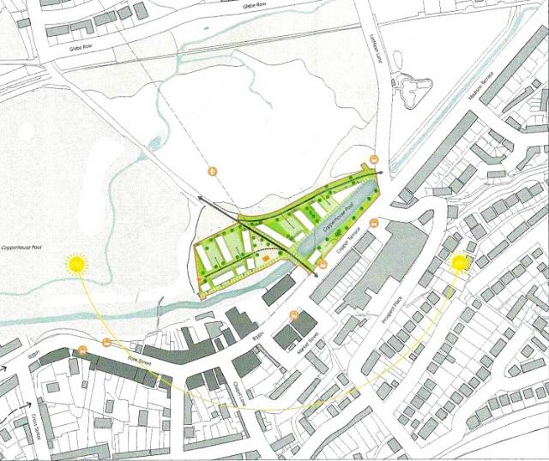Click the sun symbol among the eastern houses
click(x=460, y=263)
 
